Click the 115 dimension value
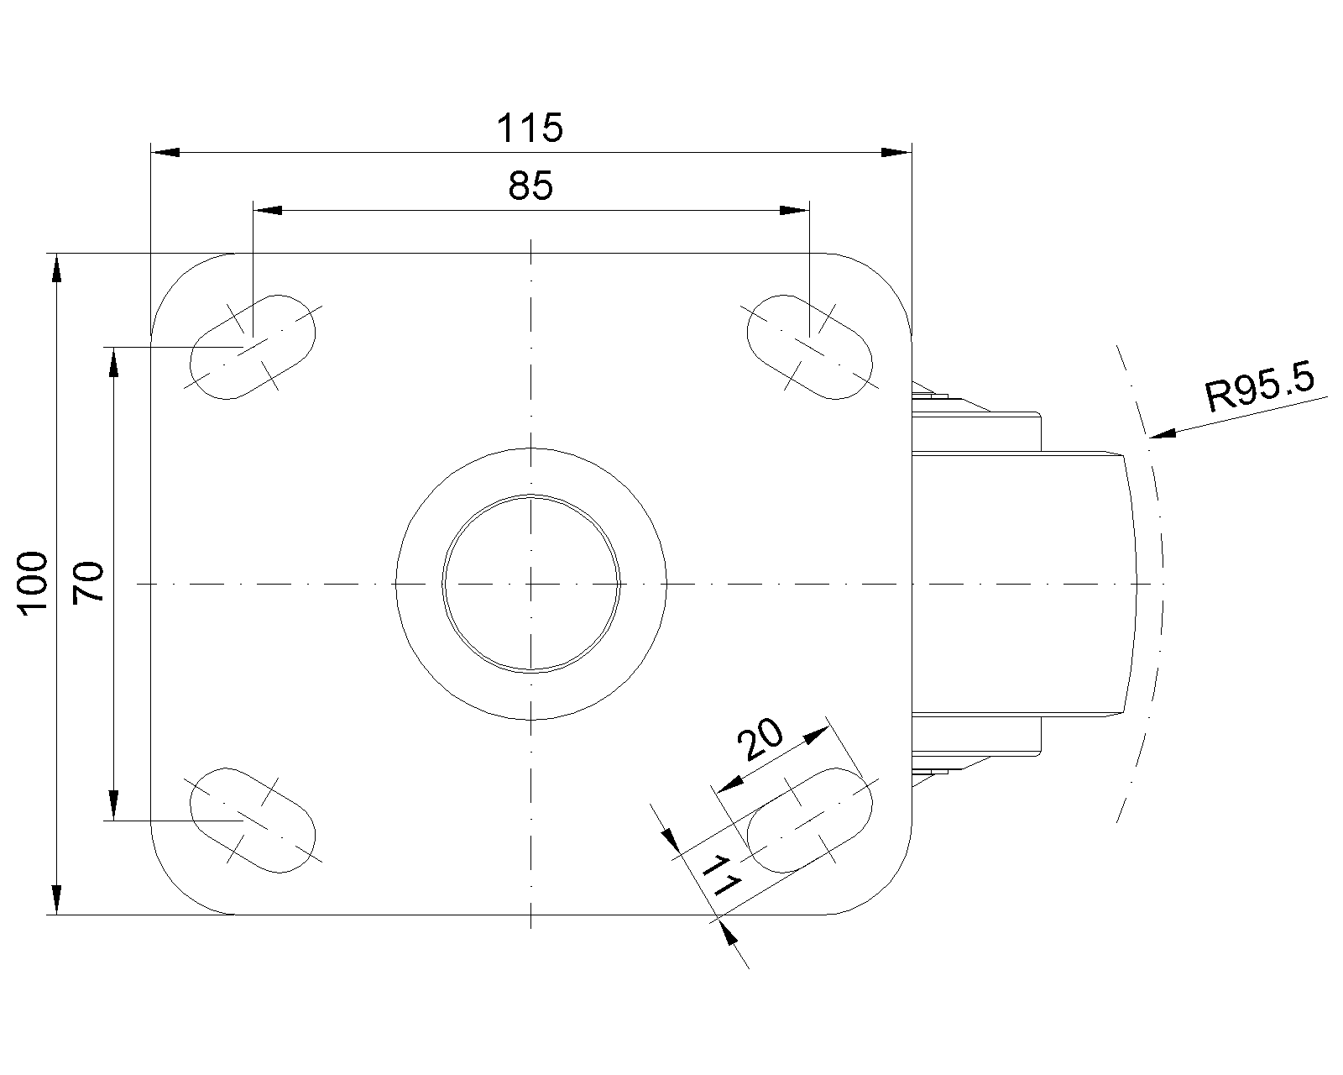pyautogui.click(x=530, y=128)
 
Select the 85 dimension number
pyautogui.click(x=530, y=186)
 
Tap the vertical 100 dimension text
pyautogui.click(x=34, y=584)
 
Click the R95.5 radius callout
pyautogui.click(x=1259, y=388)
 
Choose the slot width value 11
pyautogui.click(x=721, y=876)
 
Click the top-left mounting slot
pyautogui.click(x=252, y=347)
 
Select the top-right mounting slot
pyautogui.click(x=809, y=347)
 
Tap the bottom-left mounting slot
pyautogui.click(x=252, y=821)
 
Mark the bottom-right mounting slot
pyautogui.click(x=809, y=821)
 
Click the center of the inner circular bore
pyautogui.click(x=531, y=584)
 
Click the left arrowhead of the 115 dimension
pyautogui.click(x=165, y=152)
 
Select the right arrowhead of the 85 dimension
pyautogui.click(x=794, y=211)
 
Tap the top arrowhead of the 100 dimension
pyautogui.click(x=57, y=268)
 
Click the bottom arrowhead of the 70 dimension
pyautogui.click(x=113, y=805)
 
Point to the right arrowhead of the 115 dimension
pyautogui.click(x=896, y=152)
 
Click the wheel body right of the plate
pyautogui.click(x=1023, y=584)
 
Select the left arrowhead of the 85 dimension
pyautogui.click(x=267, y=211)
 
